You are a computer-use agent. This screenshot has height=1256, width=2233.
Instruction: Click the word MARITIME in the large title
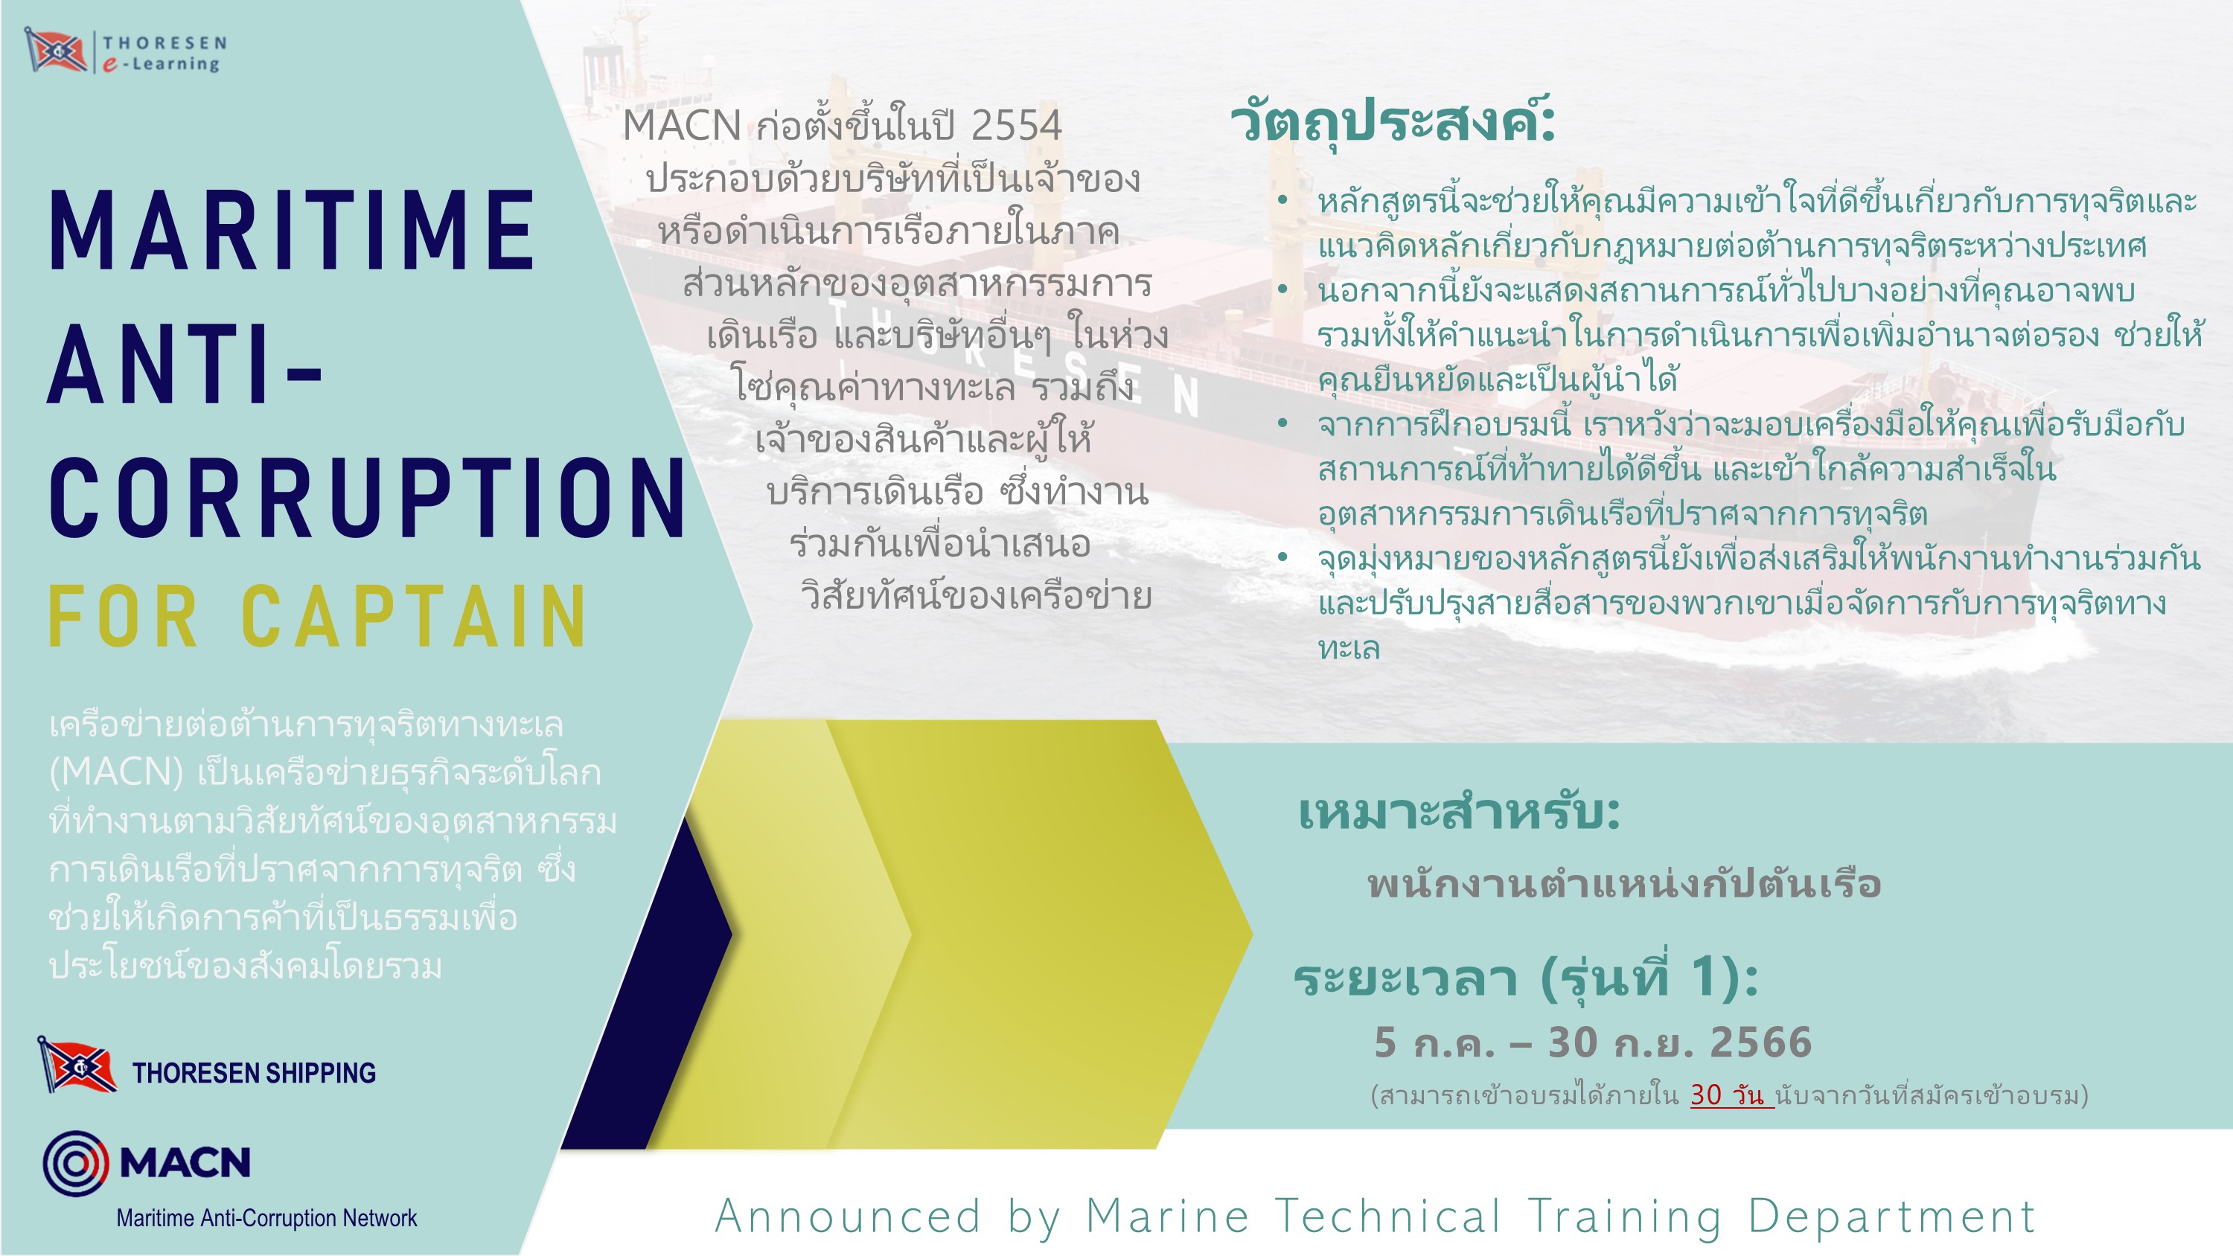pos(292,231)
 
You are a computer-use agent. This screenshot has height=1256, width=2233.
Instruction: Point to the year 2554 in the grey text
pos(1016,126)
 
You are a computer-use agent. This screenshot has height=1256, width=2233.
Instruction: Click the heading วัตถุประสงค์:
pos(1393,121)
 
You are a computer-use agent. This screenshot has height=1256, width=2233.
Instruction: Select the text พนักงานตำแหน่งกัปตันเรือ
pos(1623,884)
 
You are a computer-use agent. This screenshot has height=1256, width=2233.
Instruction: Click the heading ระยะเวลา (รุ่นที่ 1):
pos(1526,978)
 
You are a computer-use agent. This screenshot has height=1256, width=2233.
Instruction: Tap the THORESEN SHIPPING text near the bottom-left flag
pos(254,1073)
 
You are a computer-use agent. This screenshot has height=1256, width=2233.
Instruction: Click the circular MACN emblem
pos(76,1163)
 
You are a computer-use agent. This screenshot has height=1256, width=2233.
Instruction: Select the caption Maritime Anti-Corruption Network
pos(267,1218)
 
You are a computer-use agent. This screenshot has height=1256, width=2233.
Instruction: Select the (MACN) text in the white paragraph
pos(115,772)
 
